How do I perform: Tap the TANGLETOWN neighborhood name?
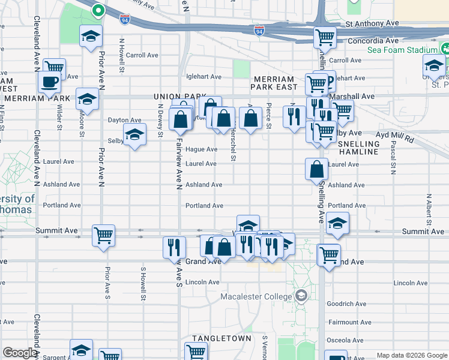221,338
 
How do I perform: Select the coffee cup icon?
49,82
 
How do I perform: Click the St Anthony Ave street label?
372,23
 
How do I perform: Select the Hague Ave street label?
201,149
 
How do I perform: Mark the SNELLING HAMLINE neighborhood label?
359,148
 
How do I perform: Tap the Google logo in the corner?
20,353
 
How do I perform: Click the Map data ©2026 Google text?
411,355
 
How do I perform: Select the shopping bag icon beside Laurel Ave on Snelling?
316,169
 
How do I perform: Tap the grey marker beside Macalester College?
301,296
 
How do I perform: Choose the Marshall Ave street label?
358,96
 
